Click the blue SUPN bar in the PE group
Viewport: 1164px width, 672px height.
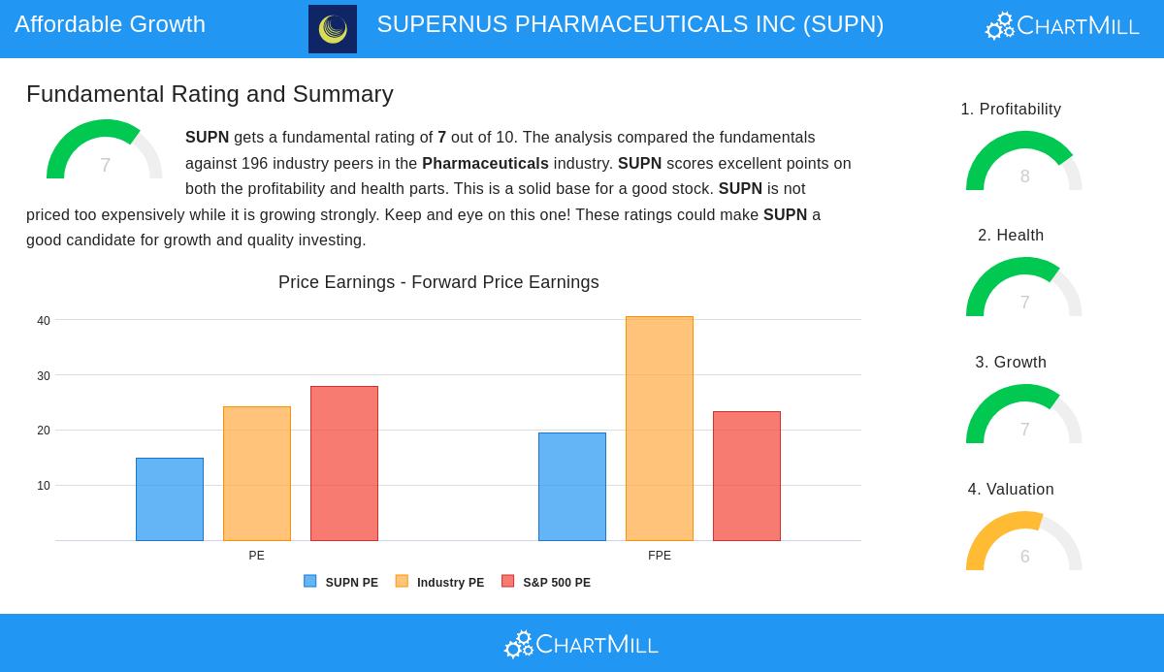tap(170, 499)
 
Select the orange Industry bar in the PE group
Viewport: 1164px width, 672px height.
tap(257, 473)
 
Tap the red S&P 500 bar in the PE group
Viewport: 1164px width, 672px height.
tap(344, 464)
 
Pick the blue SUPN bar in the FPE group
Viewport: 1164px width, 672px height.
tap(572, 487)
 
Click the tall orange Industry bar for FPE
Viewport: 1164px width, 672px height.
tap(660, 429)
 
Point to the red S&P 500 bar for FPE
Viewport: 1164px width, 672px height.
tap(747, 476)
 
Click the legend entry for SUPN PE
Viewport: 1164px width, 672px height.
tap(341, 583)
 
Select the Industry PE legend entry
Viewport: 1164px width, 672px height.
tap(440, 583)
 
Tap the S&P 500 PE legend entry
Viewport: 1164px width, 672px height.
tap(546, 583)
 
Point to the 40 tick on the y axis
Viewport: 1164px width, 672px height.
tap(44, 321)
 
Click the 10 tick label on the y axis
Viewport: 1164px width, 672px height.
tap(44, 486)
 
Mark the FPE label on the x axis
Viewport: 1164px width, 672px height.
tap(660, 556)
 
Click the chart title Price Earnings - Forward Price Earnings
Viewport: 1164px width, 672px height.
tap(438, 282)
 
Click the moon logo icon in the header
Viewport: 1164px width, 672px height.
tap(333, 29)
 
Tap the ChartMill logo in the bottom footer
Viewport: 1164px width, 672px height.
tap(582, 644)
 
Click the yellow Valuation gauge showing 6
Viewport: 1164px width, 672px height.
tap(1024, 542)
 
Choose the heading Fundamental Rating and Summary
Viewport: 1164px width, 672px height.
tap(210, 94)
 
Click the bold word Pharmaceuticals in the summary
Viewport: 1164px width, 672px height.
tap(485, 164)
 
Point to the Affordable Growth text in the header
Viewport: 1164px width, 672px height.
tap(110, 24)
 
